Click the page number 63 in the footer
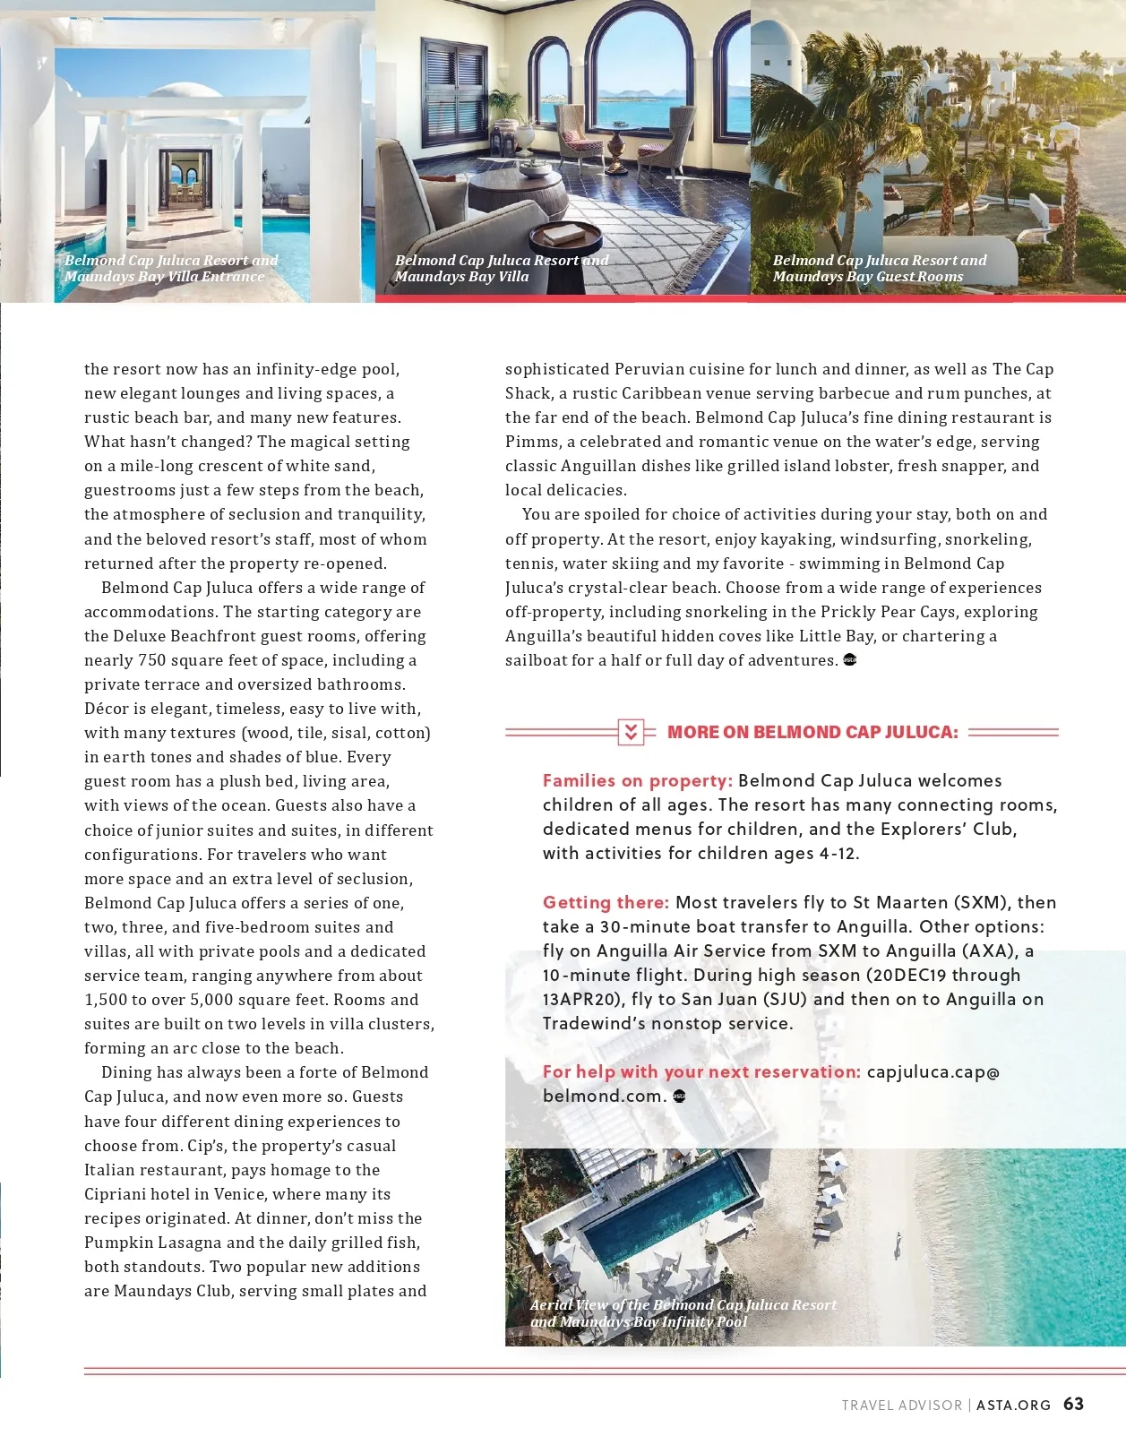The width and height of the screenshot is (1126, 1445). pyautogui.click(x=1073, y=1404)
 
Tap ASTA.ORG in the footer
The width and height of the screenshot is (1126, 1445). pyautogui.click(x=1013, y=1406)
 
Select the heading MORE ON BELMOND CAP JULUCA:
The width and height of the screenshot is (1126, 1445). pyautogui.click(x=812, y=732)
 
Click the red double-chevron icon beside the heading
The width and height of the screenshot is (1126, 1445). pyautogui.click(x=631, y=732)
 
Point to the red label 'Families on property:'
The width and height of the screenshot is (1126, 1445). pyautogui.click(x=638, y=780)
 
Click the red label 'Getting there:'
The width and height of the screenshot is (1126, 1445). pyautogui.click(x=606, y=902)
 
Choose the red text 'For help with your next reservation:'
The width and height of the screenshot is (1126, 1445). pyautogui.click(x=701, y=1071)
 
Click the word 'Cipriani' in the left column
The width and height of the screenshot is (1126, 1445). pyautogui.click(x=119, y=1194)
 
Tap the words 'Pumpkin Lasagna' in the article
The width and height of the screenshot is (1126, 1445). pyautogui.click(x=152, y=1243)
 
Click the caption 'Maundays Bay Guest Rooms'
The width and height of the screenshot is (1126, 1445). pyautogui.click(x=867, y=277)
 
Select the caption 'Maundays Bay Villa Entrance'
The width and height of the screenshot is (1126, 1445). pyautogui.click(x=164, y=277)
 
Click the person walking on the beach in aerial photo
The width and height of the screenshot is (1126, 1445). pyautogui.click(x=898, y=1243)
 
